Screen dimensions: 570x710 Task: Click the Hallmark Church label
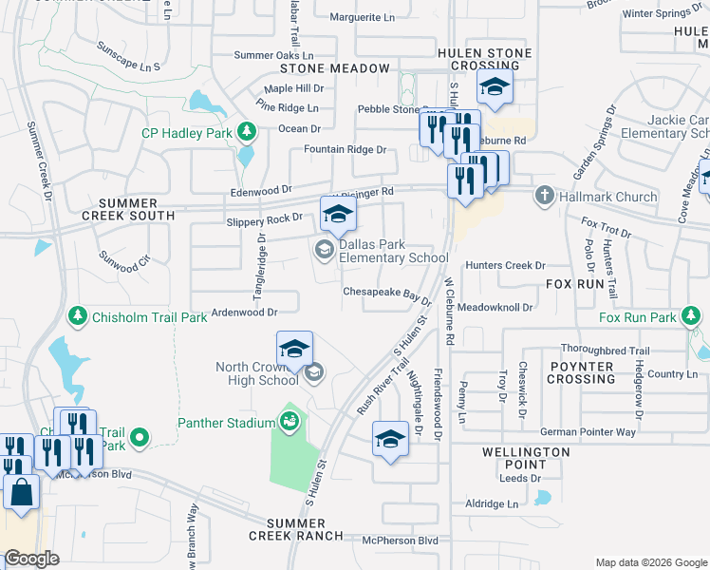click(x=608, y=197)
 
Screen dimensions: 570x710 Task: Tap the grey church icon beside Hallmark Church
click(x=544, y=197)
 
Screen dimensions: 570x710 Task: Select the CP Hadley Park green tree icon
click(x=247, y=131)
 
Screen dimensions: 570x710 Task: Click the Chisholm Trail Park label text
click(x=149, y=317)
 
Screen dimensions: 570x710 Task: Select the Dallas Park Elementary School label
click(x=393, y=251)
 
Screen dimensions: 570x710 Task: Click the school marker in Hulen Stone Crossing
click(x=495, y=87)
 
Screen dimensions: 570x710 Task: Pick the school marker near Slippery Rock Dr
click(x=338, y=214)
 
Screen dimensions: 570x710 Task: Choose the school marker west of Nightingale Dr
click(x=390, y=439)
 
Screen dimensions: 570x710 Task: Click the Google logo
click(x=31, y=559)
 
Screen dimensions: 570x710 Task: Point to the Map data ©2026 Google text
click(x=650, y=562)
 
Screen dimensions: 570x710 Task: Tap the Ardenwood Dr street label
click(x=244, y=312)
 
